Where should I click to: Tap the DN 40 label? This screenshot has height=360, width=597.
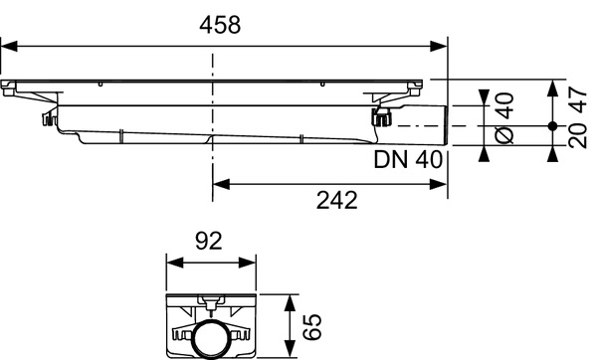408,159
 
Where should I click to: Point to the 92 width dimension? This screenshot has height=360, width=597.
208,242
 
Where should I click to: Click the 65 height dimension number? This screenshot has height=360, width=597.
311,325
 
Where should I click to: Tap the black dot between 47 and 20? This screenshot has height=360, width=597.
552,126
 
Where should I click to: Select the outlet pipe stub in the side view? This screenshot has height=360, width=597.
418,126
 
